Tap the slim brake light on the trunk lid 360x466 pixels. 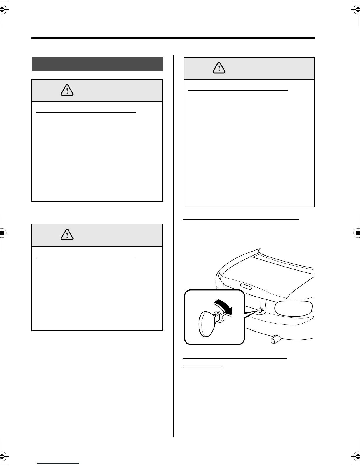click(x=246, y=287)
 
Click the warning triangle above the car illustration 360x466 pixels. click(x=219, y=68)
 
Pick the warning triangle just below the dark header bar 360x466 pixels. click(x=67, y=90)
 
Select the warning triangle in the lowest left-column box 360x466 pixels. click(x=67, y=235)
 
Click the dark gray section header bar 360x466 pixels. click(x=97, y=64)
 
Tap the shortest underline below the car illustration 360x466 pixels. click(x=202, y=367)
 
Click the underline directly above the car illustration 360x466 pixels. click(x=241, y=219)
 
